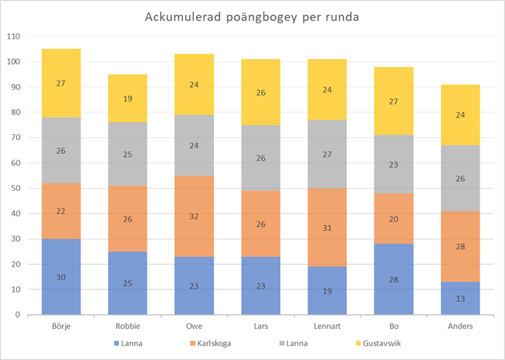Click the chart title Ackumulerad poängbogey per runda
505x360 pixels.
click(x=252, y=16)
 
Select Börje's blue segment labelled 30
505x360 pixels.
click(x=60, y=277)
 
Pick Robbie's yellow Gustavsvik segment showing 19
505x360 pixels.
click(x=128, y=98)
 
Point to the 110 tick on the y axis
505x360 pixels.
click(x=14, y=36)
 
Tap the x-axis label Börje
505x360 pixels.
click(x=60, y=326)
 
